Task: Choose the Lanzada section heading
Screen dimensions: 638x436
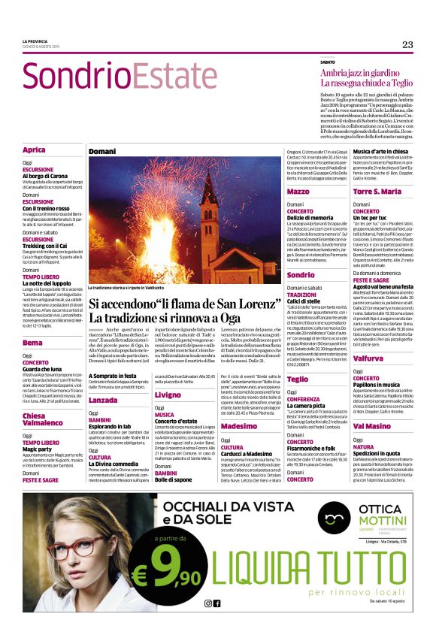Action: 103,400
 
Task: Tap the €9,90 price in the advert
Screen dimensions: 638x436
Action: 168,571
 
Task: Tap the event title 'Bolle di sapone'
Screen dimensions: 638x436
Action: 174,479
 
